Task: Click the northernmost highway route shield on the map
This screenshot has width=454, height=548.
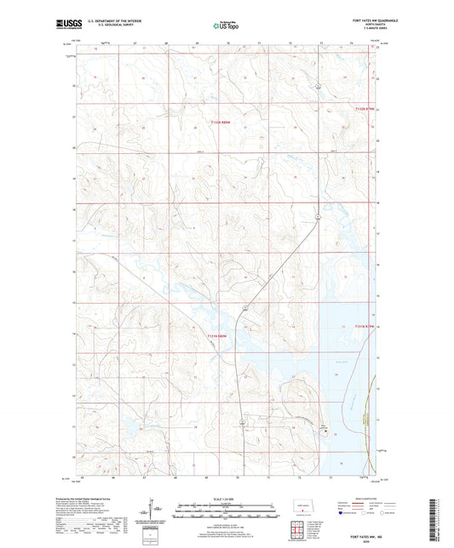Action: pyautogui.click(x=317, y=86)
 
